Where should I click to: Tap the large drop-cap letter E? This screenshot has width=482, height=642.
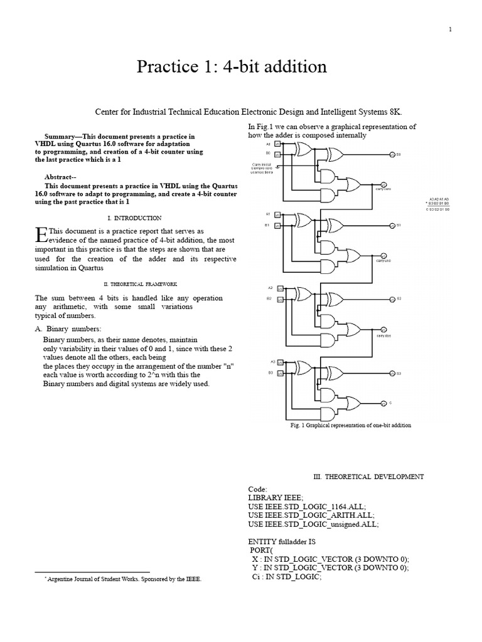(x=41, y=234)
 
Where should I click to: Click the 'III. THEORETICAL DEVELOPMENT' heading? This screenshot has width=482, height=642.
(x=368, y=476)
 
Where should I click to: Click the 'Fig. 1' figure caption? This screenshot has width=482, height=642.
(x=350, y=425)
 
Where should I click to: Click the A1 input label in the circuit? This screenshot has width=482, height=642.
(x=268, y=214)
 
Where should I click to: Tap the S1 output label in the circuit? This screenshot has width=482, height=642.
(x=398, y=224)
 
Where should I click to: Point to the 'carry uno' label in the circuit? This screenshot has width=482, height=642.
(x=383, y=260)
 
